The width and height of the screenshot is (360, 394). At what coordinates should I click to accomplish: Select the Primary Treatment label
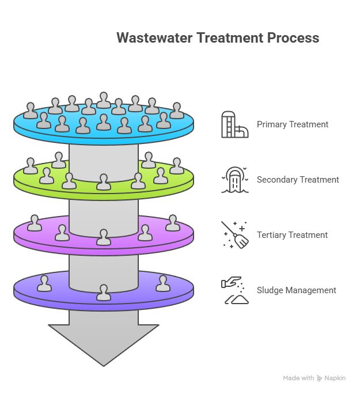coord(293,124)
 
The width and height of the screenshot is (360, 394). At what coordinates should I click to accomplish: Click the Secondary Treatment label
coord(298,180)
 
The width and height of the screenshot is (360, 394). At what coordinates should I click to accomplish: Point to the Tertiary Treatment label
coord(292,235)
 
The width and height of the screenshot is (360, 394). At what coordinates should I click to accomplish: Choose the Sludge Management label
coord(296,290)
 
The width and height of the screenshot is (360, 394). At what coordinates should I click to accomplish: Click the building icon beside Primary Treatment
coord(234,124)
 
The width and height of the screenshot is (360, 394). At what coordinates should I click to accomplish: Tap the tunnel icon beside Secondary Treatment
coord(235,180)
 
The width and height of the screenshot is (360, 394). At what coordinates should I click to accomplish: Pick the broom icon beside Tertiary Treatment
coord(235,235)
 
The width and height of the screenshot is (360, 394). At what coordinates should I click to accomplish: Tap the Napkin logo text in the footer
coord(335,378)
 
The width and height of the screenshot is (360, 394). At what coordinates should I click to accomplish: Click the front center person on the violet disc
coord(104,293)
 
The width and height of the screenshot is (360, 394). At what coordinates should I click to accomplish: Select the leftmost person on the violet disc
coord(44,283)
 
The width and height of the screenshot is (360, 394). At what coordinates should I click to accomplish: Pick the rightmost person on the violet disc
coord(163,283)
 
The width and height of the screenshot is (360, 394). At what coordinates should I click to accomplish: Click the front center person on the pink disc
coord(104,237)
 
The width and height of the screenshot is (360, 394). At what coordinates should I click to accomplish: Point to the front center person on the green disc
coord(104,182)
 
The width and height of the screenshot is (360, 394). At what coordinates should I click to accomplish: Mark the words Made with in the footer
coord(298,378)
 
